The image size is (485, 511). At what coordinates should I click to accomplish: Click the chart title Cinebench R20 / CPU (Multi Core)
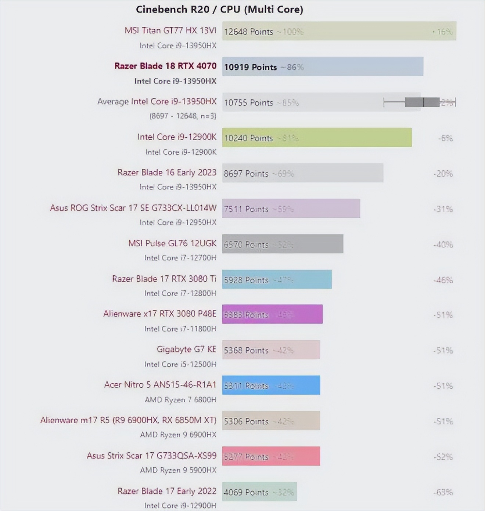(219, 9)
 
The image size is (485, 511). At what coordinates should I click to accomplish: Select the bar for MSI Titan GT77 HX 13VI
(339, 31)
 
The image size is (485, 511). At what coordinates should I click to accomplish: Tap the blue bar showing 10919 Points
(322, 66)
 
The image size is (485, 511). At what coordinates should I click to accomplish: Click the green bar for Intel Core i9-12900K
(317, 138)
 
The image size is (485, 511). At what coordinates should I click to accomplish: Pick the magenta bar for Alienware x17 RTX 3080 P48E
(272, 314)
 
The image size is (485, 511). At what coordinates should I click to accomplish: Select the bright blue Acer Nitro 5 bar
(271, 385)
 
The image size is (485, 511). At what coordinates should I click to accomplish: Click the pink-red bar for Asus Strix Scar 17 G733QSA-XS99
(271, 456)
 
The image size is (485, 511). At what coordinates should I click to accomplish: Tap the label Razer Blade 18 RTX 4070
(165, 66)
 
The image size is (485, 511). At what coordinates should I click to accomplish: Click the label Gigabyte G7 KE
(186, 349)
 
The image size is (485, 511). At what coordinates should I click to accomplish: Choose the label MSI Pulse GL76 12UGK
(172, 243)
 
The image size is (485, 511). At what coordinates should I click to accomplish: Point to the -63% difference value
(443, 492)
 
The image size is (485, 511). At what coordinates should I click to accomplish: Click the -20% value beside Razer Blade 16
(443, 173)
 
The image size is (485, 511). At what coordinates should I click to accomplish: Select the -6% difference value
(445, 138)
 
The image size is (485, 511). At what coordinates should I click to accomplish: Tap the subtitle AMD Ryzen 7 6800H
(180, 399)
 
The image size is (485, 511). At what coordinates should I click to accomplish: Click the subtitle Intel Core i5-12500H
(180, 364)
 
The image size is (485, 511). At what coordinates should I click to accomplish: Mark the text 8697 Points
(246, 174)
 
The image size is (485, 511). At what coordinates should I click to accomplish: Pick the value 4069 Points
(246, 492)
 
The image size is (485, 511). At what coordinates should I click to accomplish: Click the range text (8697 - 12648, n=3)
(183, 116)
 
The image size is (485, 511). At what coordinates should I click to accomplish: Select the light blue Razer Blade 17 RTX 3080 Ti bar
(277, 279)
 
